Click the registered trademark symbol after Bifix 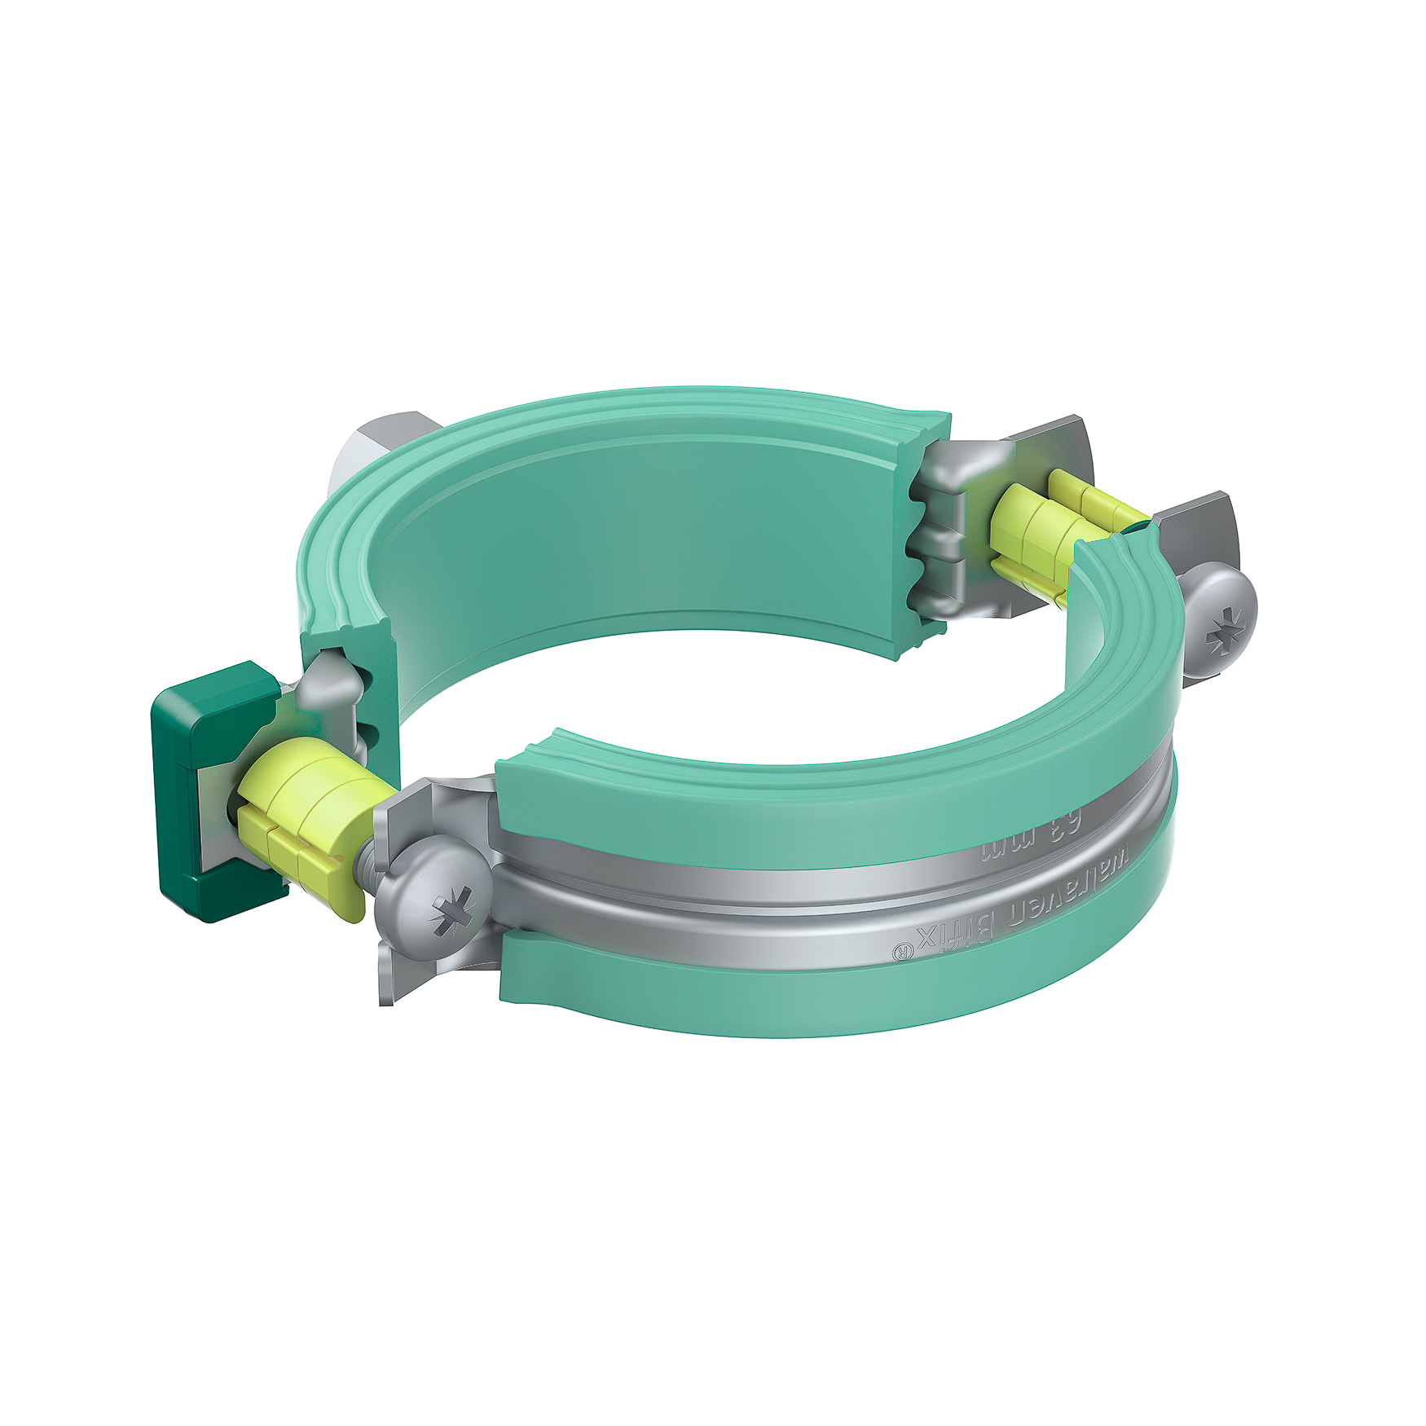tap(900, 952)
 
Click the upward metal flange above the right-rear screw tap(1198, 530)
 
